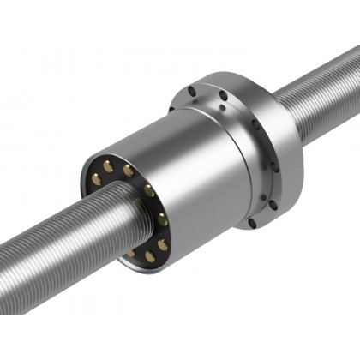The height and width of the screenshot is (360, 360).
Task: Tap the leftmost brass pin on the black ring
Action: (x=95, y=179)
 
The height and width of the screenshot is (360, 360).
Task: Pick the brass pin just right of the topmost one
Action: (x=128, y=170)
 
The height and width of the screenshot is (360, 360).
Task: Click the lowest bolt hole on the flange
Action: (x=251, y=223)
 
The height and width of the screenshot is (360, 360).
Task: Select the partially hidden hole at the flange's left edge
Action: (x=171, y=107)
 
